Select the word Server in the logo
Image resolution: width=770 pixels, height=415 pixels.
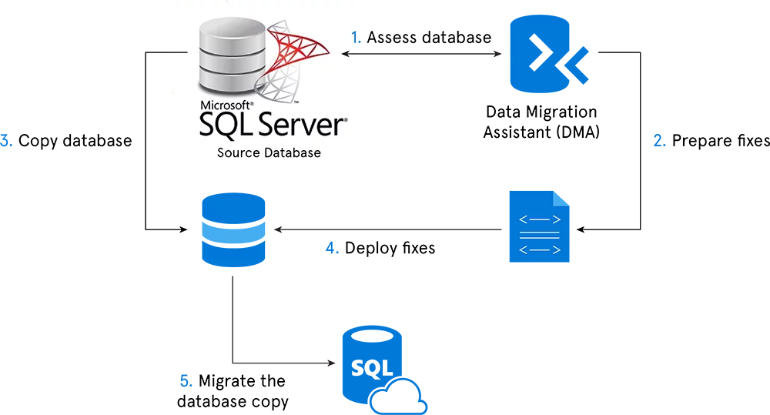click(296, 126)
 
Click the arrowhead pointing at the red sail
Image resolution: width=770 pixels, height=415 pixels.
click(346, 53)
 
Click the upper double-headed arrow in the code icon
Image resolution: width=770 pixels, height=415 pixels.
click(539, 221)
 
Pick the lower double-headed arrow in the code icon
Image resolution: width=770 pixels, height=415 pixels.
click(539, 249)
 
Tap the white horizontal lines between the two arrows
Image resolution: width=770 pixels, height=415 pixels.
click(539, 236)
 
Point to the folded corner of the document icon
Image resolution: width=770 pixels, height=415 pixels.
click(562, 199)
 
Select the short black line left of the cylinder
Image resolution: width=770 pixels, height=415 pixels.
click(176, 52)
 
